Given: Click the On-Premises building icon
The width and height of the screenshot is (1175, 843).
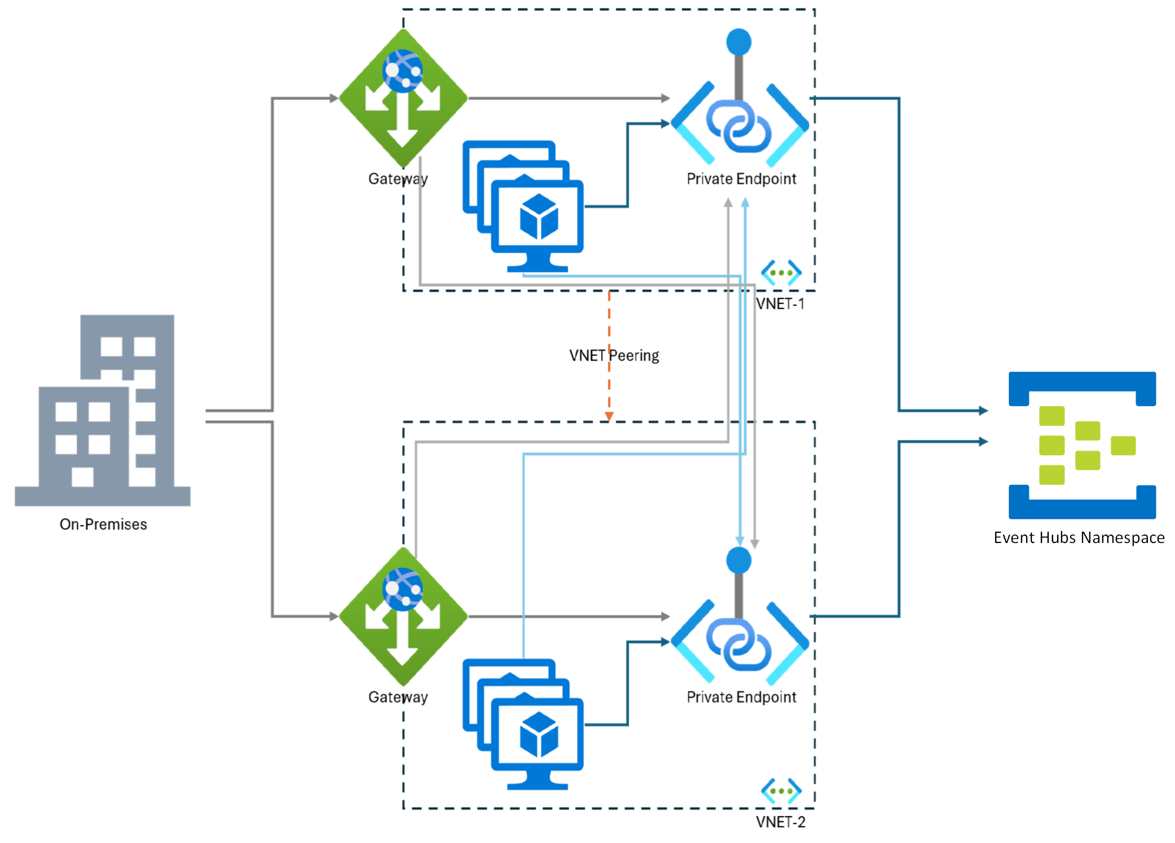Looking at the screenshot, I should (103, 410).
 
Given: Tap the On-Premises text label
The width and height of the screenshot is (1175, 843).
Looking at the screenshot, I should (103, 524).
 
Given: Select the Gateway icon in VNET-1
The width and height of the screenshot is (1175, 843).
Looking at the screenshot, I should (403, 98).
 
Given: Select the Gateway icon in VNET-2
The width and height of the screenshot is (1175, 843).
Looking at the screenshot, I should (403, 616).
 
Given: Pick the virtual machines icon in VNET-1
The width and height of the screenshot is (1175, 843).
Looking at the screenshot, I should (523, 206).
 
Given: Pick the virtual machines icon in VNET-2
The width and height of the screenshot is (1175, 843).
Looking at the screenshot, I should (523, 724).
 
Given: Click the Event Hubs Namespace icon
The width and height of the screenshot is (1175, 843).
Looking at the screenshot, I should (1082, 445).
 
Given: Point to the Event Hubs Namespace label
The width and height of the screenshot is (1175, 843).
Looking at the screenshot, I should (1079, 538).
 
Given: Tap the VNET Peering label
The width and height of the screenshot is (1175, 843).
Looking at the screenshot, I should (614, 356).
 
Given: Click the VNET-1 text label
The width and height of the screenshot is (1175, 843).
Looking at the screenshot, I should (780, 304).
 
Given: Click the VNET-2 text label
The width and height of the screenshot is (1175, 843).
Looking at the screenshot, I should (780, 822).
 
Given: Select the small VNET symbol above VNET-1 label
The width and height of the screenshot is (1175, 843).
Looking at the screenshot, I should (781, 273).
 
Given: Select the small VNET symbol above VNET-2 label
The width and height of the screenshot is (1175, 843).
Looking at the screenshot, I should (781, 791).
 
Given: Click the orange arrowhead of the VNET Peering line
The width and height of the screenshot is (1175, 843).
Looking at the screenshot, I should (609, 417).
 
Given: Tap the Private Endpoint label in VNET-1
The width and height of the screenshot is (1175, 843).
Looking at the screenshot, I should (741, 179).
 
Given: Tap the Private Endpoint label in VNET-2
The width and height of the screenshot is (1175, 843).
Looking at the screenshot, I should (741, 697).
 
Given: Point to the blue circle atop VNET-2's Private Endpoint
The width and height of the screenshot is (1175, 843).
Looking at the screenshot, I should (739, 560).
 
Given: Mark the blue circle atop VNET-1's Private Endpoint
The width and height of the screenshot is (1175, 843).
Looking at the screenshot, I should (739, 42).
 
